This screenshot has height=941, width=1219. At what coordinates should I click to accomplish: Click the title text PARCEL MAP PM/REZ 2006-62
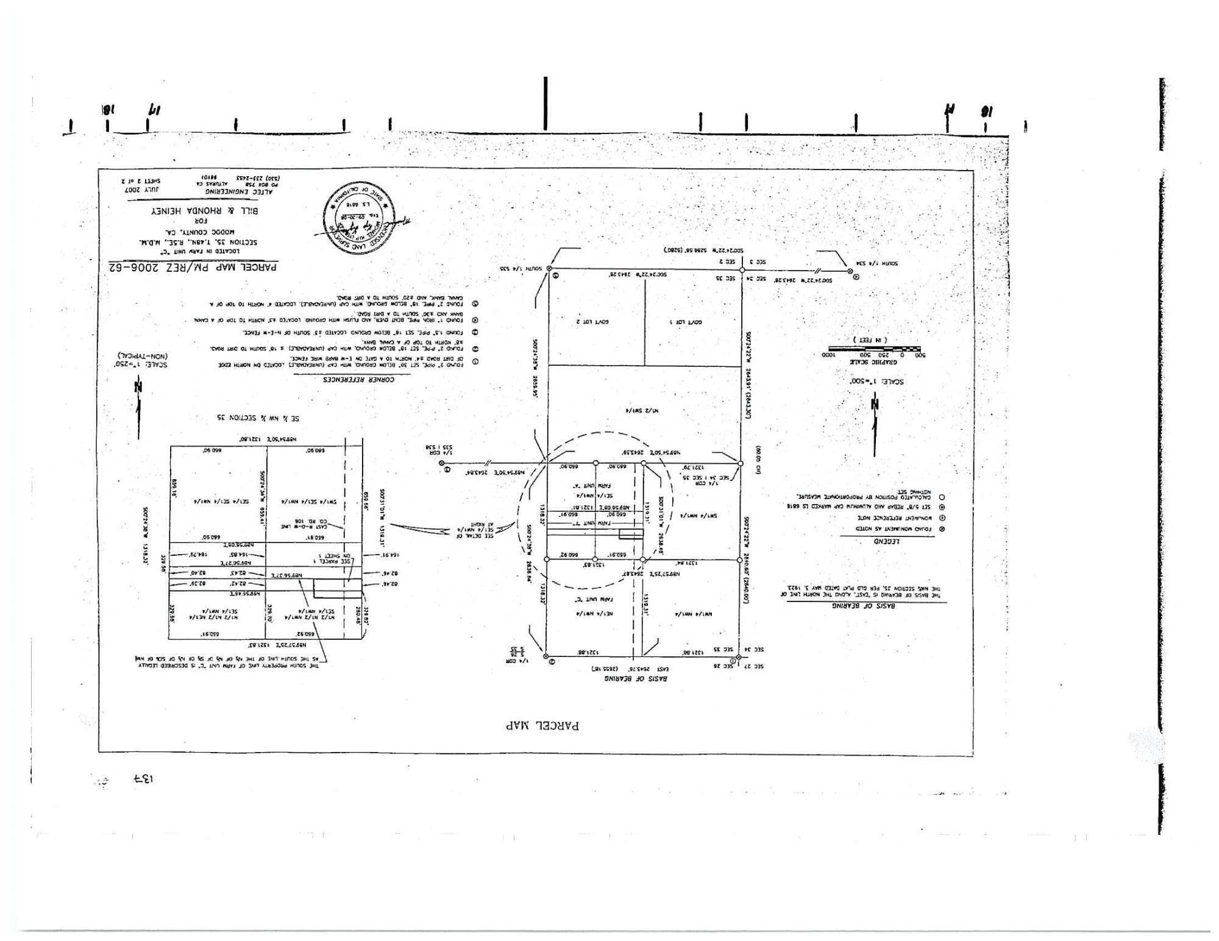tap(193, 267)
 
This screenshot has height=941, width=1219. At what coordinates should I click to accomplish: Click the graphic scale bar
tap(873, 349)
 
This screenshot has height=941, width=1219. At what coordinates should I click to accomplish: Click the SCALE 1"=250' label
tap(141, 364)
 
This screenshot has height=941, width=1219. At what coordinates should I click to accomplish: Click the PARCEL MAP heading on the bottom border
tap(543, 725)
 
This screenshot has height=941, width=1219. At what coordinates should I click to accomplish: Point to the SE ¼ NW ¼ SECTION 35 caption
tap(258, 418)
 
